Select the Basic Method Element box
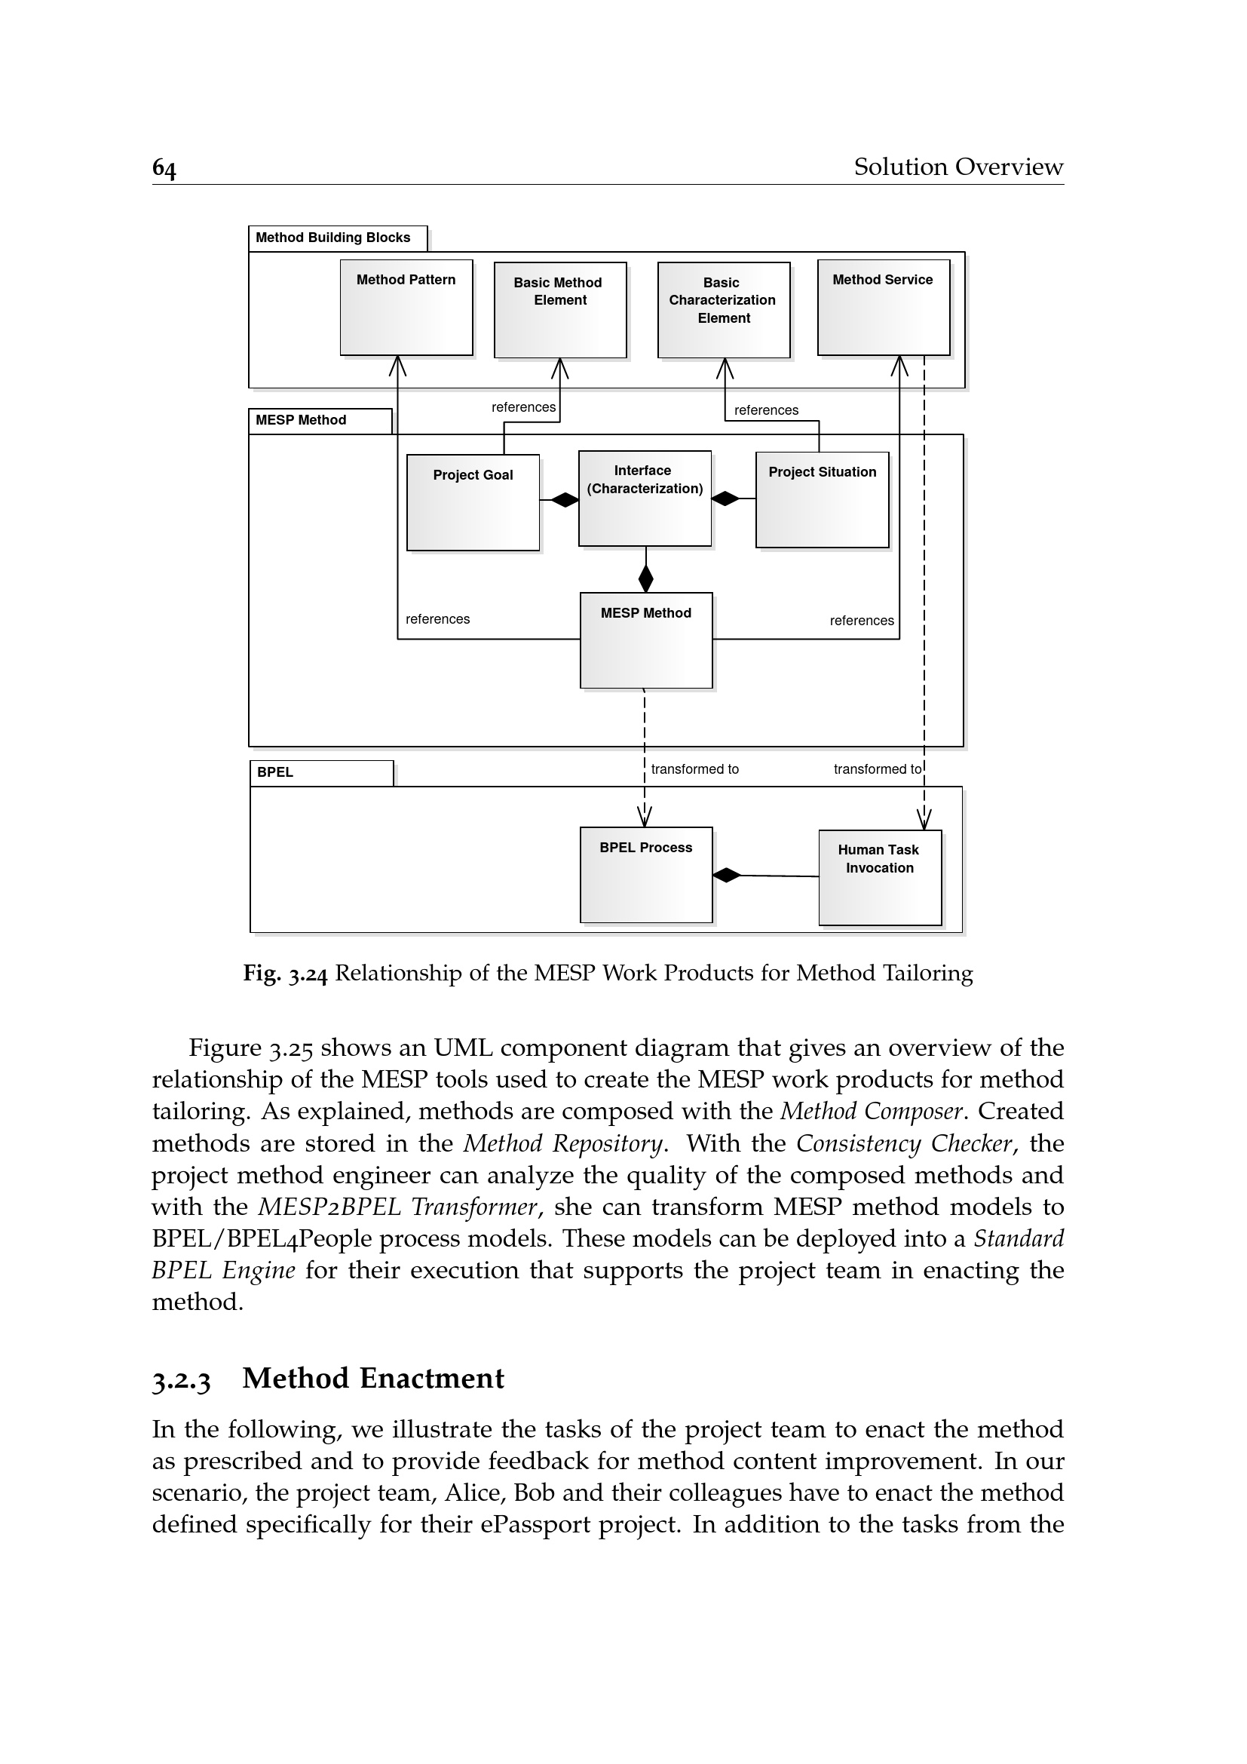[559, 310]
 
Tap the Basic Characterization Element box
[723, 310]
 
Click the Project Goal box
[473, 502]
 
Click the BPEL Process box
[646, 874]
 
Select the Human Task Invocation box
[879, 877]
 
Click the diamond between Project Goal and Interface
[565, 500]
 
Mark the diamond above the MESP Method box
[646, 578]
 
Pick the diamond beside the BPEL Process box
[726, 875]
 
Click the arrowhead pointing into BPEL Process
[645, 817]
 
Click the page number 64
[164, 168]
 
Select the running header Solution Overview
[958, 167]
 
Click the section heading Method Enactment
[373, 1379]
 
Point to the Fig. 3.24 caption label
[285, 974]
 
